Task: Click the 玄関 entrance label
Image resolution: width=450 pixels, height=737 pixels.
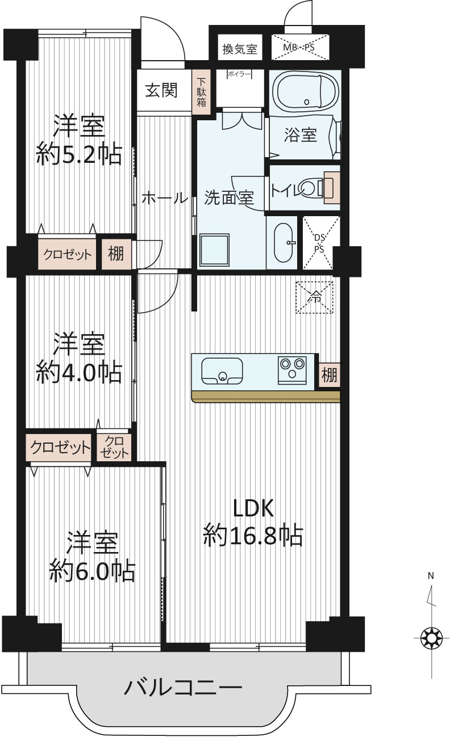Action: click(161, 90)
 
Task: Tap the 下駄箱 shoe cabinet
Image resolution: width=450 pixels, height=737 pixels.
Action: click(201, 92)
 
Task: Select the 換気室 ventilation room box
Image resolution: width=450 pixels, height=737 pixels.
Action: click(240, 49)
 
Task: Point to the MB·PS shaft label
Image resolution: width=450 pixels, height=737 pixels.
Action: click(299, 47)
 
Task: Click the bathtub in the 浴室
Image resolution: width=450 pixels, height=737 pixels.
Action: click(307, 90)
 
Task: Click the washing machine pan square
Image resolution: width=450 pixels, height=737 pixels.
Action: click(214, 251)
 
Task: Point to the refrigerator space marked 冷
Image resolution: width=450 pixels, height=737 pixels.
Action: click(315, 297)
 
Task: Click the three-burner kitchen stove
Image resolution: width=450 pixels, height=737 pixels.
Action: click(292, 370)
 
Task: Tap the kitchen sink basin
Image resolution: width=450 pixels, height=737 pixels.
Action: click(222, 371)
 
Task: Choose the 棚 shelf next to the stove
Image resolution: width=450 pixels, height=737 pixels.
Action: click(329, 375)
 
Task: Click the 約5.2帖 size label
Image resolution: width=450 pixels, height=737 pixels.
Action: click(79, 154)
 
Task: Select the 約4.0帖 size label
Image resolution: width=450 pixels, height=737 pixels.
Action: click(79, 373)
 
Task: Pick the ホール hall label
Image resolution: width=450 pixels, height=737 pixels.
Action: click(165, 198)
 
